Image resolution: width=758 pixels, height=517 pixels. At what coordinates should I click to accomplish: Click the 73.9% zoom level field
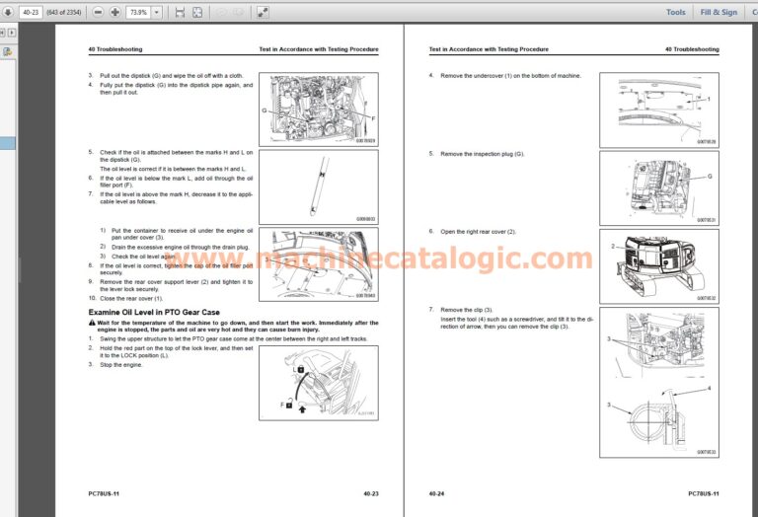click(138, 12)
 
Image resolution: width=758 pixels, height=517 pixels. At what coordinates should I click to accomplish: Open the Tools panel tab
click(675, 12)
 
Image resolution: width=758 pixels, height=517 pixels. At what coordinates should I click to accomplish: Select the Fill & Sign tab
click(718, 12)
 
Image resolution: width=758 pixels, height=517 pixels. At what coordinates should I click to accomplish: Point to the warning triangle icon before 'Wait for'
click(91, 323)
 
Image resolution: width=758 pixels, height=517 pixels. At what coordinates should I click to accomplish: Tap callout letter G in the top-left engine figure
click(264, 111)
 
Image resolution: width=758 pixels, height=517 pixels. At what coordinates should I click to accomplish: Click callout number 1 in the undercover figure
click(708, 99)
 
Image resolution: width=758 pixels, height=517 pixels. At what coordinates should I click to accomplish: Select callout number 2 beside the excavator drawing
click(612, 247)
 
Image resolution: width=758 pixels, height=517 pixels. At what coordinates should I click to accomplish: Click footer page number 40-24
click(436, 492)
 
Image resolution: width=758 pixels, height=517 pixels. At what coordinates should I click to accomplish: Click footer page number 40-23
click(371, 492)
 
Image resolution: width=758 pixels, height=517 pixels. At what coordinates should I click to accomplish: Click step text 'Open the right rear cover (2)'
click(479, 232)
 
